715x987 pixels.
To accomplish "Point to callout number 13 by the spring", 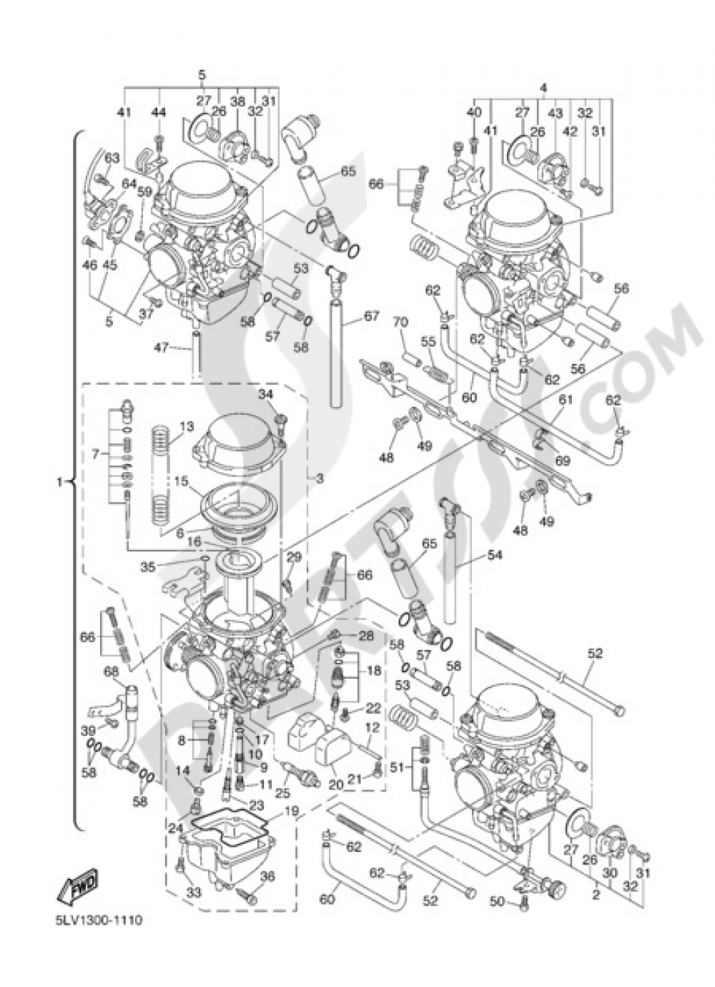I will pos(187,427).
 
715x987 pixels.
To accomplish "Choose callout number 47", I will pos(162,348).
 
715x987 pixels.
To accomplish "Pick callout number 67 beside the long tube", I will pos(370,315).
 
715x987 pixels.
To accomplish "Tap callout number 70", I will pos(401,323).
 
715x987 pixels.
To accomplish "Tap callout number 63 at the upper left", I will pos(112,157).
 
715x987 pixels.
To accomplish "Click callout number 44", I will pos(158,112).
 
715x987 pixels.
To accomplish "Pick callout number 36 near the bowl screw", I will pos(267,876).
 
